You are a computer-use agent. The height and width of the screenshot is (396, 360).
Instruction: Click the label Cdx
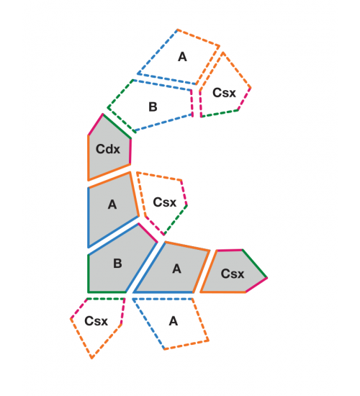pyautogui.click(x=108, y=149)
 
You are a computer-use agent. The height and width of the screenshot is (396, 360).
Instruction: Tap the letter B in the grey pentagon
pyautogui.click(x=117, y=264)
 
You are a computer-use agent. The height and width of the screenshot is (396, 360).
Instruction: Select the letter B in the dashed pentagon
pyautogui.click(x=153, y=107)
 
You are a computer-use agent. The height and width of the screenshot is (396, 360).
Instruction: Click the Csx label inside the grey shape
pyautogui.click(x=233, y=274)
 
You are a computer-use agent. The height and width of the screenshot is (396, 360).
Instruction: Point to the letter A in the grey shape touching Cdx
pyautogui.click(x=112, y=204)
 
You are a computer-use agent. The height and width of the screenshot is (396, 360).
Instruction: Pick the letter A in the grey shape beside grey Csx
pyautogui.click(x=176, y=269)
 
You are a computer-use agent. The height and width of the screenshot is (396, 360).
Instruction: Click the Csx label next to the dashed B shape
pyautogui.click(x=224, y=93)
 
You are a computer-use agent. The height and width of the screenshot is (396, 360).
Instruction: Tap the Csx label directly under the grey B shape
pyautogui.click(x=96, y=321)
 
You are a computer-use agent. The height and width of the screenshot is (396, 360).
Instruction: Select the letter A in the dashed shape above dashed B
pyautogui.click(x=182, y=57)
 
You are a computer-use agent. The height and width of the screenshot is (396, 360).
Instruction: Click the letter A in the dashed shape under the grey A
pyautogui.click(x=174, y=321)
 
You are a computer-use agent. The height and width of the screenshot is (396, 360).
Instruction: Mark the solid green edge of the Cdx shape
pyautogui.click(x=117, y=126)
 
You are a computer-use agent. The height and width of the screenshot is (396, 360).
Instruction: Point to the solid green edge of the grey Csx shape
pyautogui.click(x=254, y=264)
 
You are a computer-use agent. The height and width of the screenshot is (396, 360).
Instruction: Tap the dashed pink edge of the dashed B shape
pyautogui.click(x=192, y=103)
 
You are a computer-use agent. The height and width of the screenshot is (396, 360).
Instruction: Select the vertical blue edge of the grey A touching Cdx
pyautogui.click(x=89, y=217)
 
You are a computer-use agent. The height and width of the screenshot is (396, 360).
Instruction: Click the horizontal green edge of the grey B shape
pyautogui.click(x=107, y=292)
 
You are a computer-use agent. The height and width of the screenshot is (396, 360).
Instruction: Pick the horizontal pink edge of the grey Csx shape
pyautogui.click(x=230, y=251)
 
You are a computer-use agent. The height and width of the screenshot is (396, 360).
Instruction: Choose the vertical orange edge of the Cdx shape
pyautogui.click(x=89, y=158)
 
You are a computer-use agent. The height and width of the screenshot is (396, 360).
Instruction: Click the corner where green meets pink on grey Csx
pyautogui.click(x=267, y=278)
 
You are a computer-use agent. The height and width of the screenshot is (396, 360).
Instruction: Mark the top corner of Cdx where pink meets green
pyautogui.click(x=103, y=114)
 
